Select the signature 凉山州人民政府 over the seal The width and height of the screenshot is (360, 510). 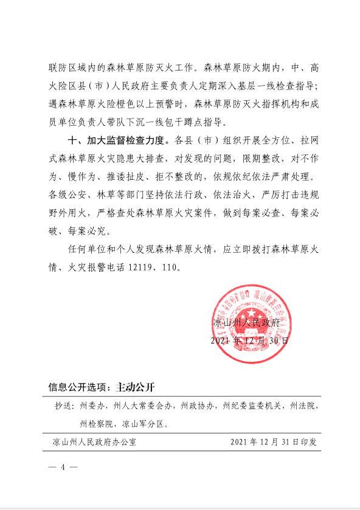[246, 323]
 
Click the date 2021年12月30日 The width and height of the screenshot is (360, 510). [249, 340]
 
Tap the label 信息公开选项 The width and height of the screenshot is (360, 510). [77, 387]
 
